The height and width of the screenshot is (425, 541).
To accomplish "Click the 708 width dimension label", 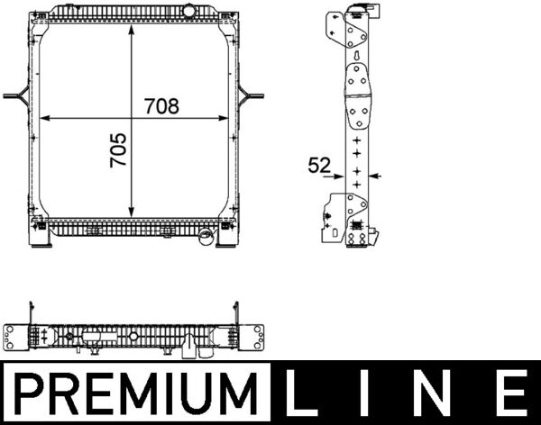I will (x=161, y=105).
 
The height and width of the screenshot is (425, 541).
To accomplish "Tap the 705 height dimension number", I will (x=117, y=150).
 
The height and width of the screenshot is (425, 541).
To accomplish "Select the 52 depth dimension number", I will (x=318, y=165).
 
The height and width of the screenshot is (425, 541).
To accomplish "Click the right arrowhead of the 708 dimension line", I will (x=231, y=118).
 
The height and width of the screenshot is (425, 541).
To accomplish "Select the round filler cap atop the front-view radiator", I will (x=189, y=10).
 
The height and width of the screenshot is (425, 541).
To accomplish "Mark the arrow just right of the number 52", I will (x=376, y=176).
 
